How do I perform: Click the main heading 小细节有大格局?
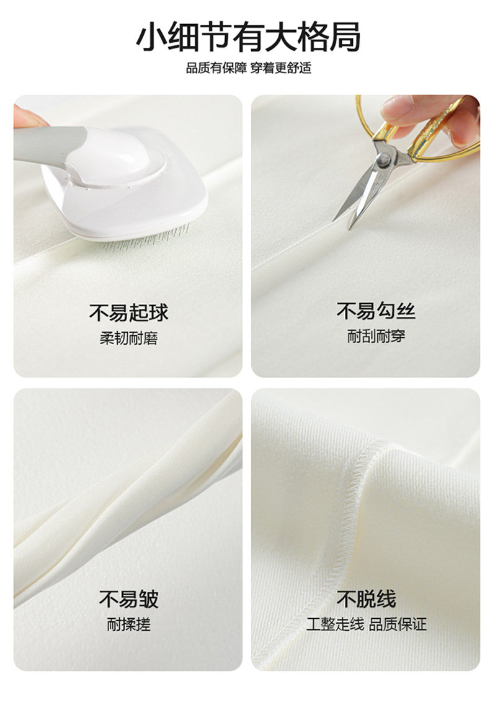coord(248,37)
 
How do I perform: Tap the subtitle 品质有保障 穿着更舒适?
coord(248,68)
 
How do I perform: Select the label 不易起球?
coord(128,313)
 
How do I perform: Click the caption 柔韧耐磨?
coord(128,338)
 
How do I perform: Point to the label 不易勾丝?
coord(376,311)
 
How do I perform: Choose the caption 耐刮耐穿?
coord(376,336)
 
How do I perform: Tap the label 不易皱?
coord(128,598)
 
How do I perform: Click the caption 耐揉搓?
coord(128,624)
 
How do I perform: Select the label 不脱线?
coord(367,598)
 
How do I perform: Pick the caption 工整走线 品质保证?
coord(367,624)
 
